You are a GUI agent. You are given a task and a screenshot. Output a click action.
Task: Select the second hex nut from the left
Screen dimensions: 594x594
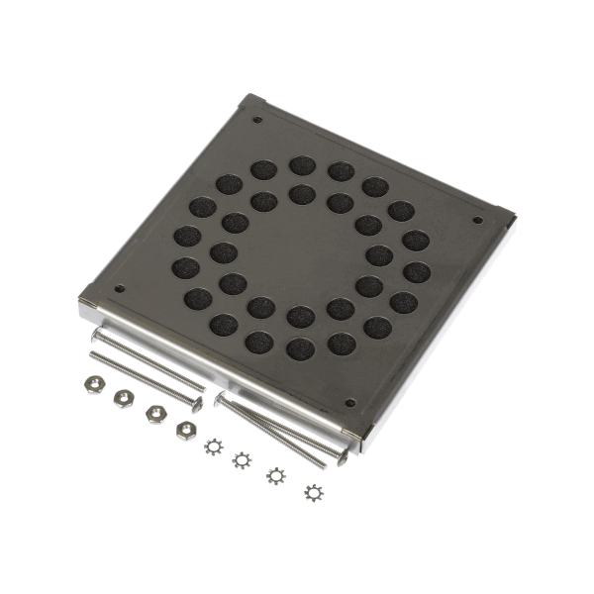(x=124, y=397)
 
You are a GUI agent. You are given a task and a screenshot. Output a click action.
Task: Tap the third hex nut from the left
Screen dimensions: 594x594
(x=153, y=412)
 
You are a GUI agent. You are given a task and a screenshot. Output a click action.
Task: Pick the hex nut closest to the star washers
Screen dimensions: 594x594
(x=184, y=428)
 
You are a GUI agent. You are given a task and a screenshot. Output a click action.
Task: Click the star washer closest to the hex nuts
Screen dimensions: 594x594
(x=212, y=445)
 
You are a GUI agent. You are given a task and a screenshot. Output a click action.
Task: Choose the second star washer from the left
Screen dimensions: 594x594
(x=241, y=459)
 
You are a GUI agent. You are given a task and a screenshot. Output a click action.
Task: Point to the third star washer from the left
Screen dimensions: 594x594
(x=274, y=475)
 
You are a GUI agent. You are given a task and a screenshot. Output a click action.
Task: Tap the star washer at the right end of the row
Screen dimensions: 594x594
(x=313, y=492)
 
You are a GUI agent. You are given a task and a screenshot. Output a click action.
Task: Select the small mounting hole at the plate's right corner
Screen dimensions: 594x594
(x=476, y=220)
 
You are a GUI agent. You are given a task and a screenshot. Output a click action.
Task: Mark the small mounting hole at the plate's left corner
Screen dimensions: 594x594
(x=119, y=289)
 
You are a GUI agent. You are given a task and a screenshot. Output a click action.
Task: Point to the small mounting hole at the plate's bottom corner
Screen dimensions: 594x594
(x=348, y=404)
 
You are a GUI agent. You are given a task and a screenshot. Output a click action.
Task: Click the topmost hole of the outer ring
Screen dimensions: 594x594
(x=302, y=165)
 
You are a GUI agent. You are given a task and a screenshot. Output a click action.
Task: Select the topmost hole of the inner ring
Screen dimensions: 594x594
(x=301, y=194)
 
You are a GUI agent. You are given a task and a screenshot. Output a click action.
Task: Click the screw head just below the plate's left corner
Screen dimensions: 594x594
(x=96, y=337)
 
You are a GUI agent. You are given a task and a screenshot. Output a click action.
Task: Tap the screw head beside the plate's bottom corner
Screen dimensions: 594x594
(x=343, y=453)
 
